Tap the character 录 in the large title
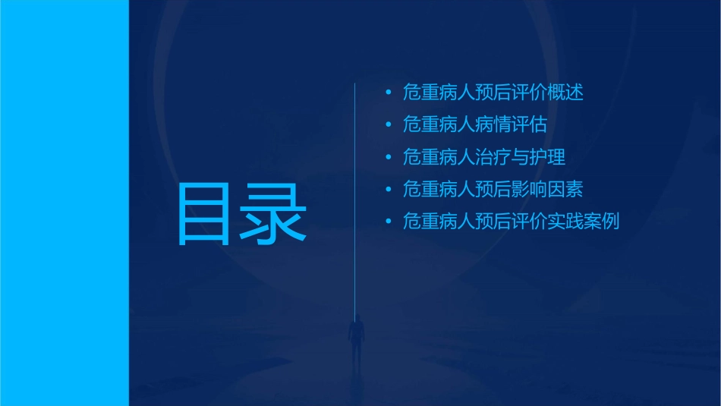tap(274, 214)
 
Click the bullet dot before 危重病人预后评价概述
tap(389, 93)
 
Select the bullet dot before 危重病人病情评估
tap(389, 125)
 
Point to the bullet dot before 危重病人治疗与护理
tap(389, 158)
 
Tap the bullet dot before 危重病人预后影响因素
tap(389, 190)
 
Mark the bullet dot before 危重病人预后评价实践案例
tap(389, 222)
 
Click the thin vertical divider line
tap(356, 190)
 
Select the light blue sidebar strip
tap(65, 203)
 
